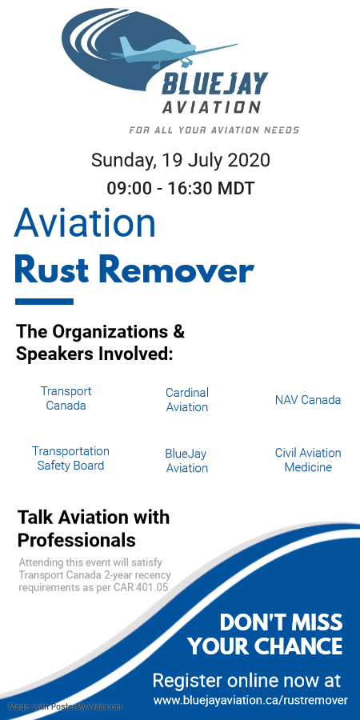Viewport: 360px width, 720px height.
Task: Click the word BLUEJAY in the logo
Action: pyautogui.click(x=214, y=84)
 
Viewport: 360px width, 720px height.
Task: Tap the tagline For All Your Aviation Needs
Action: pyautogui.click(x=214, y=130)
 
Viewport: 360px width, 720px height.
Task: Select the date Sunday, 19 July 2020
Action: pyautogui.click(x=181, y=161)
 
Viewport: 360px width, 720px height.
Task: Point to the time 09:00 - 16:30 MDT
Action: pyautogui.click(x=181, y=188)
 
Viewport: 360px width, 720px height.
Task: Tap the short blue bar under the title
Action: pyautogui.click(x=44, y=302)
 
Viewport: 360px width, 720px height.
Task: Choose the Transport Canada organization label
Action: pyautogui.click(x=66, y=398)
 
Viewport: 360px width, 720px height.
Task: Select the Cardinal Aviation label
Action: pyautogui.click(x=187, y=399)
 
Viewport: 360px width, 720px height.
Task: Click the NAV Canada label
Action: pyautogui.click(x=308, y=400)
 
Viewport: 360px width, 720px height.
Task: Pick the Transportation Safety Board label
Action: pyautogui.click(x=70, y=458)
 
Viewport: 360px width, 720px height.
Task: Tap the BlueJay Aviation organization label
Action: pyautogui.click(x=186, y=461)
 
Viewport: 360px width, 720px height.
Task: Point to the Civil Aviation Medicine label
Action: pyautogui.click(x=308, y=460)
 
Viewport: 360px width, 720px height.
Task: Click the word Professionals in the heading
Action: pyautogui.click(x=76, y=541)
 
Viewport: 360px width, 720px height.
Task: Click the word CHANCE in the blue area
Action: pyautogui.click(x=299, y=646)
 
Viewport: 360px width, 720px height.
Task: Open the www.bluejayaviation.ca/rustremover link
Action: pyautogui.click(x=250, y=701)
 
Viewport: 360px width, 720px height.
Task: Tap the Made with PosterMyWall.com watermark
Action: pyautogui.click(x=66, y=706)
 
